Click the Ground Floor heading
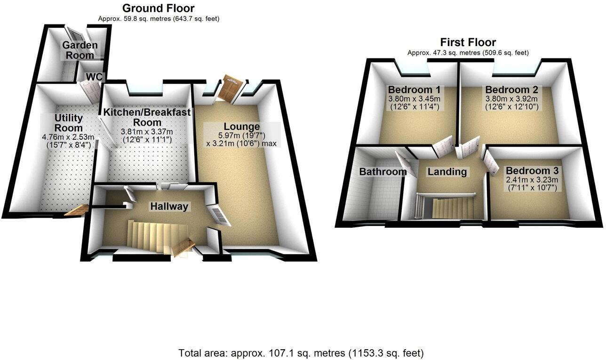(x=158, y=8)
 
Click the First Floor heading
(x=468, y=42)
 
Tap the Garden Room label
(x=80, y=50)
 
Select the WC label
(x=94, y=77)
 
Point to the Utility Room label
(x=69, y=122)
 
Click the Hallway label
(x=169, y=206)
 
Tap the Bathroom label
(x=383, y=172)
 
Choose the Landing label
(x=447, y=172)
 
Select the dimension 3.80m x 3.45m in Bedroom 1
(x=415, y=99)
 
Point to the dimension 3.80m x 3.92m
(x=512, y=99)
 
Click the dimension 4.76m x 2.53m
(x=69, y=137)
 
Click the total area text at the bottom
(x=301, y=352)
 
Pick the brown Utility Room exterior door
(x=77, y=210)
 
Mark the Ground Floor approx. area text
(x=159, y=19)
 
